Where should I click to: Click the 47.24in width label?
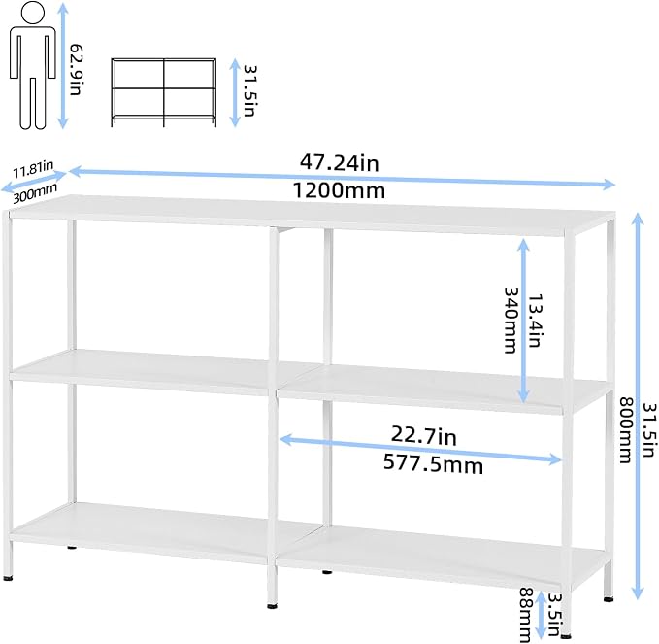click(x=339, y=163)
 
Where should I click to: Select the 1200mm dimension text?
click(x=339, y=190)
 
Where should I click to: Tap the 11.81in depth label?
click(x=33, y=169)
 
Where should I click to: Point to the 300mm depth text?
click(x=35, y=194)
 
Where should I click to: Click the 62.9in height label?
click(x=77, y=69)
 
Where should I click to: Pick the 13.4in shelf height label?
click(x=534, y=321)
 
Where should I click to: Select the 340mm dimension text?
click(x=511, y=321)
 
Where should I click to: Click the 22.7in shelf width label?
click(x=423, y=435)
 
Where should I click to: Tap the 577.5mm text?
click(x=433, y=464)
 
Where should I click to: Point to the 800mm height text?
click(x=626, y=430)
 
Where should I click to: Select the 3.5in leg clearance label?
click(x=555, y=615)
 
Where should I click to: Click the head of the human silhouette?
click(x=32, y=12)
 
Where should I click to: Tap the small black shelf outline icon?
click(x=164, y=92)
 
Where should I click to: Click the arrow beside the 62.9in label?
click(x=63, y=65)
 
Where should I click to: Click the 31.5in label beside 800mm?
click(x=649, y=430)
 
